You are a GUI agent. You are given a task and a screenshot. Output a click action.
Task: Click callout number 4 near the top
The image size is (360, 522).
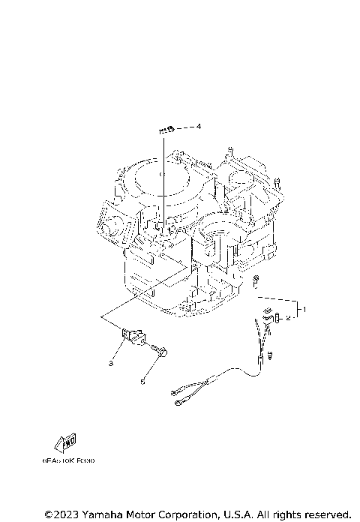pyautogui.click(x=199, y=127)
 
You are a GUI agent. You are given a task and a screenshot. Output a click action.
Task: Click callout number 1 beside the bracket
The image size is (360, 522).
pyautogui.click(x=303, y=308)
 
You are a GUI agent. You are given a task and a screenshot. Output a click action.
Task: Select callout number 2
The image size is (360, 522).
pyautogui.click(x=289, y=318)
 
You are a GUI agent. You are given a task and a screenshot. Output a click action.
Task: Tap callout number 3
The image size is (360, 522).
pyautogui.click(x=110, y=363)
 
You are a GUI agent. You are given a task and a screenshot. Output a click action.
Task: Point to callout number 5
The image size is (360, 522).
pyautogui.click(x=142, y=382)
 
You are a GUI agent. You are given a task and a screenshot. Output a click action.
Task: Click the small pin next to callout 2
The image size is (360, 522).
pyautogui.click(x=277, y=316)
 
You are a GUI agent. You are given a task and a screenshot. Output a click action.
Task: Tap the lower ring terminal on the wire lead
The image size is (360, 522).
pyautogui.click(x=181, y=402)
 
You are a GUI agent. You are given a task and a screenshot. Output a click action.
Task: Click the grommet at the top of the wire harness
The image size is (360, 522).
pyautogui.click(x=266, y=313)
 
